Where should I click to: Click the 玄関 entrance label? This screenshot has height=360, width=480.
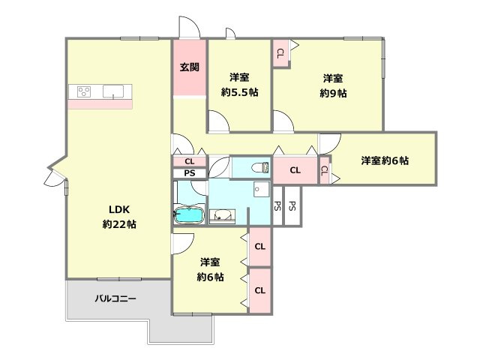(189, 67)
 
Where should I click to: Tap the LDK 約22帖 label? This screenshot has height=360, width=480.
(118, 216)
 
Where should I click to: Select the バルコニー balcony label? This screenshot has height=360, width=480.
(115, 298)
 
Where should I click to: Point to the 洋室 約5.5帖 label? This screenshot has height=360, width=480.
(238, 84)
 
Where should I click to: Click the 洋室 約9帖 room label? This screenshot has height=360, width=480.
(334, 85)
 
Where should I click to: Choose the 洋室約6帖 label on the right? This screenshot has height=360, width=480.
(384, 160)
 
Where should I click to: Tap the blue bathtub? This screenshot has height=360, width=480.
(189, 216)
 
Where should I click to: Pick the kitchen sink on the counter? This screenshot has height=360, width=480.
(115, 91)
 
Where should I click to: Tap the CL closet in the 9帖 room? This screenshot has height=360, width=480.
(280, 53)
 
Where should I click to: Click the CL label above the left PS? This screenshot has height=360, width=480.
(189, 161)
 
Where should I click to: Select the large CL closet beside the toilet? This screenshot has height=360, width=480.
(295, 170)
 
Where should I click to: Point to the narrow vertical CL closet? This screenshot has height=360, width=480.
(324, 169)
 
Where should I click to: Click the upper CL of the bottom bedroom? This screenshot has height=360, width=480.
(259, 247)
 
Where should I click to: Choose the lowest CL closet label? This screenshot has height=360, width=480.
(259, 290)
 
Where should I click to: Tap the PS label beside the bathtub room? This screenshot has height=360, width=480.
(189, 174)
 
